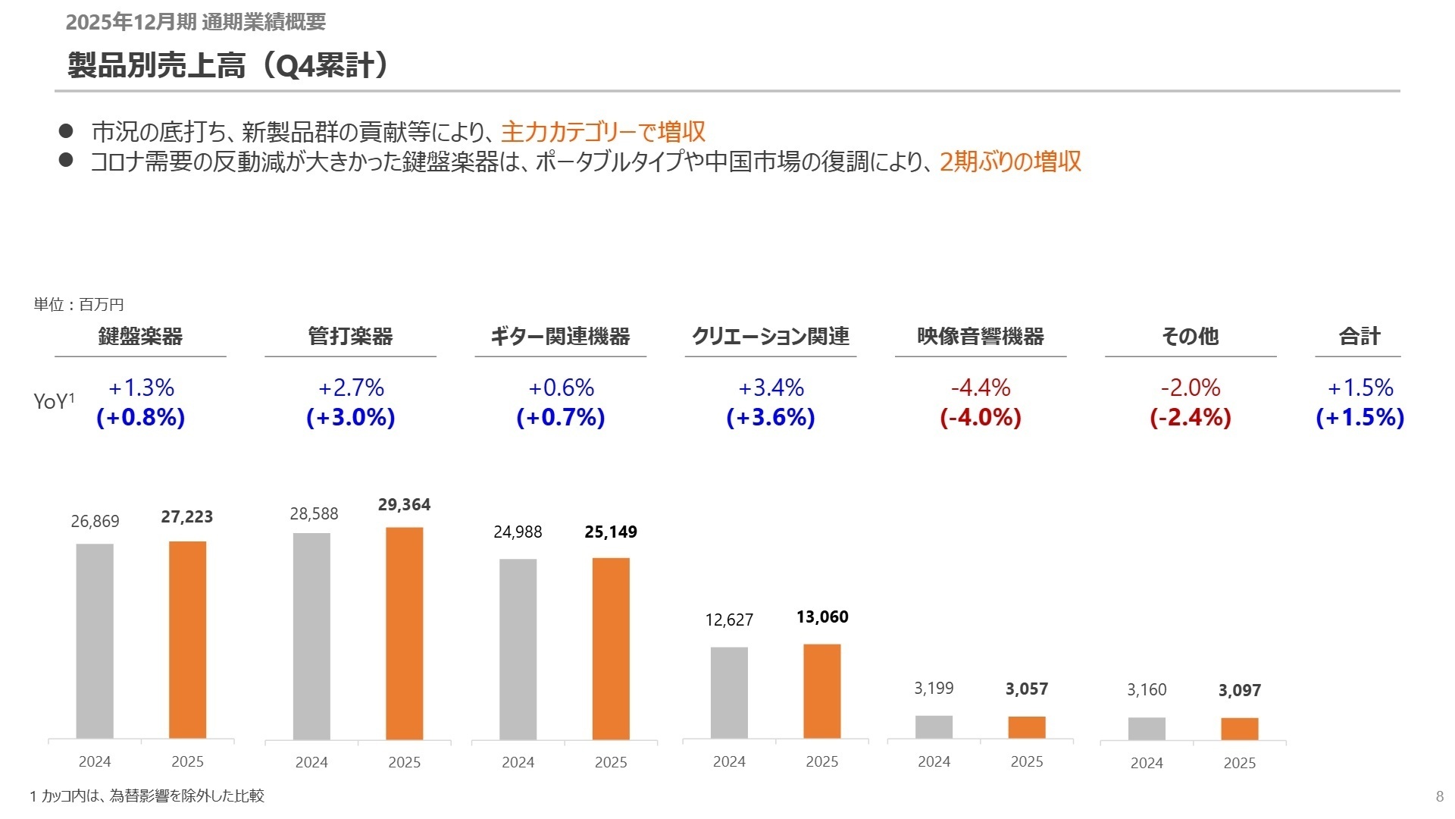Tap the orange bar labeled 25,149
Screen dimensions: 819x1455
coord(611,648)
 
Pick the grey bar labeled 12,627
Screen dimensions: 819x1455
coord(729,692)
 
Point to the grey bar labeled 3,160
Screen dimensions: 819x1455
coord(1147,728)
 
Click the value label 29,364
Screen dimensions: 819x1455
coord(404,505)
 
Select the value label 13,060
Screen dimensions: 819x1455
coord(822,617)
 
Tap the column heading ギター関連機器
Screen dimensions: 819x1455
coord(560,336)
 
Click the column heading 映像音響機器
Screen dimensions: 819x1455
coord(981,336)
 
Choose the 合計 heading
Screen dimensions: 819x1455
coord(1360,336)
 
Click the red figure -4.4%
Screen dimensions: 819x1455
coord(981,388)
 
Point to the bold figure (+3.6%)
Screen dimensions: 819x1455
coord(771,418)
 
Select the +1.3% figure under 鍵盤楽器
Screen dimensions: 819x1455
coord(141,388)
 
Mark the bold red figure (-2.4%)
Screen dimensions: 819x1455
coord(1190,418)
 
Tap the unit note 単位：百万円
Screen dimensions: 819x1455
coord(79,305)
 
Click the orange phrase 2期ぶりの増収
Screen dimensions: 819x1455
coord(1010,162)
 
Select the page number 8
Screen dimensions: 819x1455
coord(1439,796)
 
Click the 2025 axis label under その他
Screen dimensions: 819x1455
coord(1239,764)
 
